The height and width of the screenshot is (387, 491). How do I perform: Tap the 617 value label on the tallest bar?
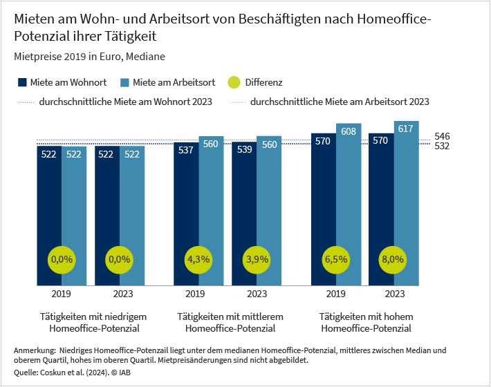pos(406,129)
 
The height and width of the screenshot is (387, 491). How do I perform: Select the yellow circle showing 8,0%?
pos(393,260)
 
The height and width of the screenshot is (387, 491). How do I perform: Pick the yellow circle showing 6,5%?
pos(336,260)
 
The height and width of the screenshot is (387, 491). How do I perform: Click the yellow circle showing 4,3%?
pos(198,260)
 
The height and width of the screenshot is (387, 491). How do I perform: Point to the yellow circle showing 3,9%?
pos(256,260)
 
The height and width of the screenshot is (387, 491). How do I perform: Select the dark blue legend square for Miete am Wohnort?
pos(22,82)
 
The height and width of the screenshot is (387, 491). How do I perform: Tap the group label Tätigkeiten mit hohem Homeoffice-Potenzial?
pos(365,322)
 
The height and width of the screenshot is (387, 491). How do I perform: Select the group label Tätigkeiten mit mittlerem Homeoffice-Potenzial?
pos(227,322)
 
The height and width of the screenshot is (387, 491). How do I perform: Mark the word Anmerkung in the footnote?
pos(34,351)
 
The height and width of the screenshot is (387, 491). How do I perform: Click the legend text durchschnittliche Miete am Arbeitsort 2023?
pos(340,102)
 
